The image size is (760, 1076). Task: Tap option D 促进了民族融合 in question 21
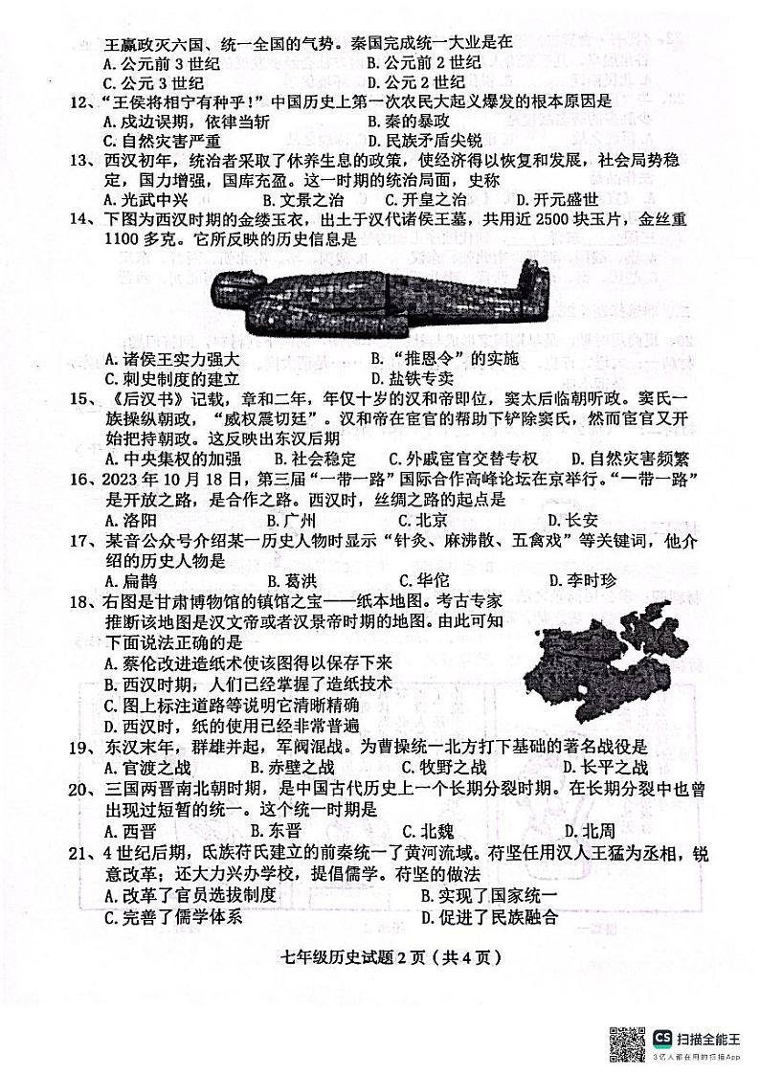pos(489,919)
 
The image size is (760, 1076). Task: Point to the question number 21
pos(90,852)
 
